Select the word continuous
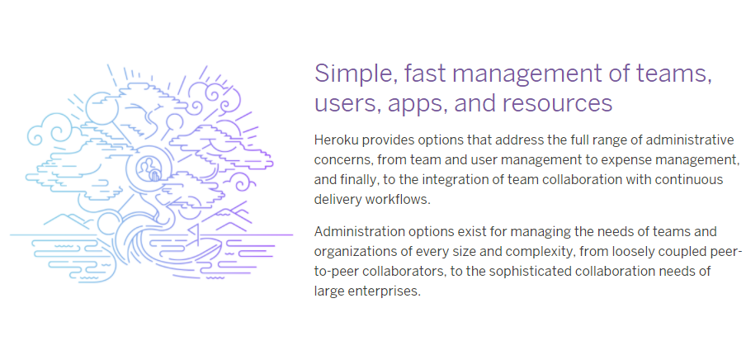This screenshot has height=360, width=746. point(694,179)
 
